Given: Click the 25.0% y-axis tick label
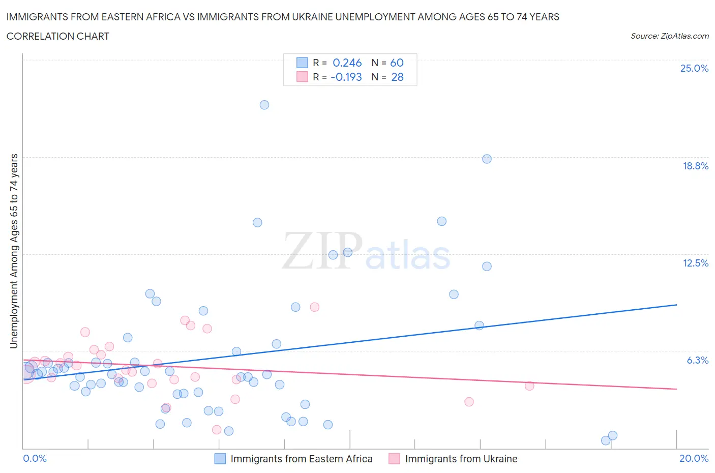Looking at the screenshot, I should click(x=694, y=69).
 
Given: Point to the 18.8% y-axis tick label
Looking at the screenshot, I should click(x=695, y=166).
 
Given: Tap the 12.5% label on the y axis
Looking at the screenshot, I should click(x=695, y=263).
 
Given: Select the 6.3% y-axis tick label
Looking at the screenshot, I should click(x=697, y=360).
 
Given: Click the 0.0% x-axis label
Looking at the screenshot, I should click(x=35, y=458).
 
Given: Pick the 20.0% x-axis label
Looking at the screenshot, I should click(x=694, y=458).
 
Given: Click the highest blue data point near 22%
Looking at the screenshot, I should click(x=264, y=105).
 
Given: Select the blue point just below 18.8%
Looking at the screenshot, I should click(x=487, y=159).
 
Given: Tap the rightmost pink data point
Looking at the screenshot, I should click(x=529, y=386).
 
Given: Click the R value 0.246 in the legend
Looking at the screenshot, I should click(x=347, y=63).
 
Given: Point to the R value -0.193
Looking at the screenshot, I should click(x=346, y=77).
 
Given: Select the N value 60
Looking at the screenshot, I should click(x=397, y=63).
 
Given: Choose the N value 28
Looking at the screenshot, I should click(x=397, y=77).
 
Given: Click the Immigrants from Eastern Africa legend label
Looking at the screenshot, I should click(x=301, y=459).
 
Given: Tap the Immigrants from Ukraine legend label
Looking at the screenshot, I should click(x=461, y=459).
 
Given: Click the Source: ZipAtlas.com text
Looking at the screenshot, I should click(x=669, y=36).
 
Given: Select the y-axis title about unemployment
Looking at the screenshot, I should click(x=14, y=251).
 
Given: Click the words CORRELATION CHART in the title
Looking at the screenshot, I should click(x=58, y=36).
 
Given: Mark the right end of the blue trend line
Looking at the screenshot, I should click(x=676, y=305).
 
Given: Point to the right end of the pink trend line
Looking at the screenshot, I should click(x=676, y=389).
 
